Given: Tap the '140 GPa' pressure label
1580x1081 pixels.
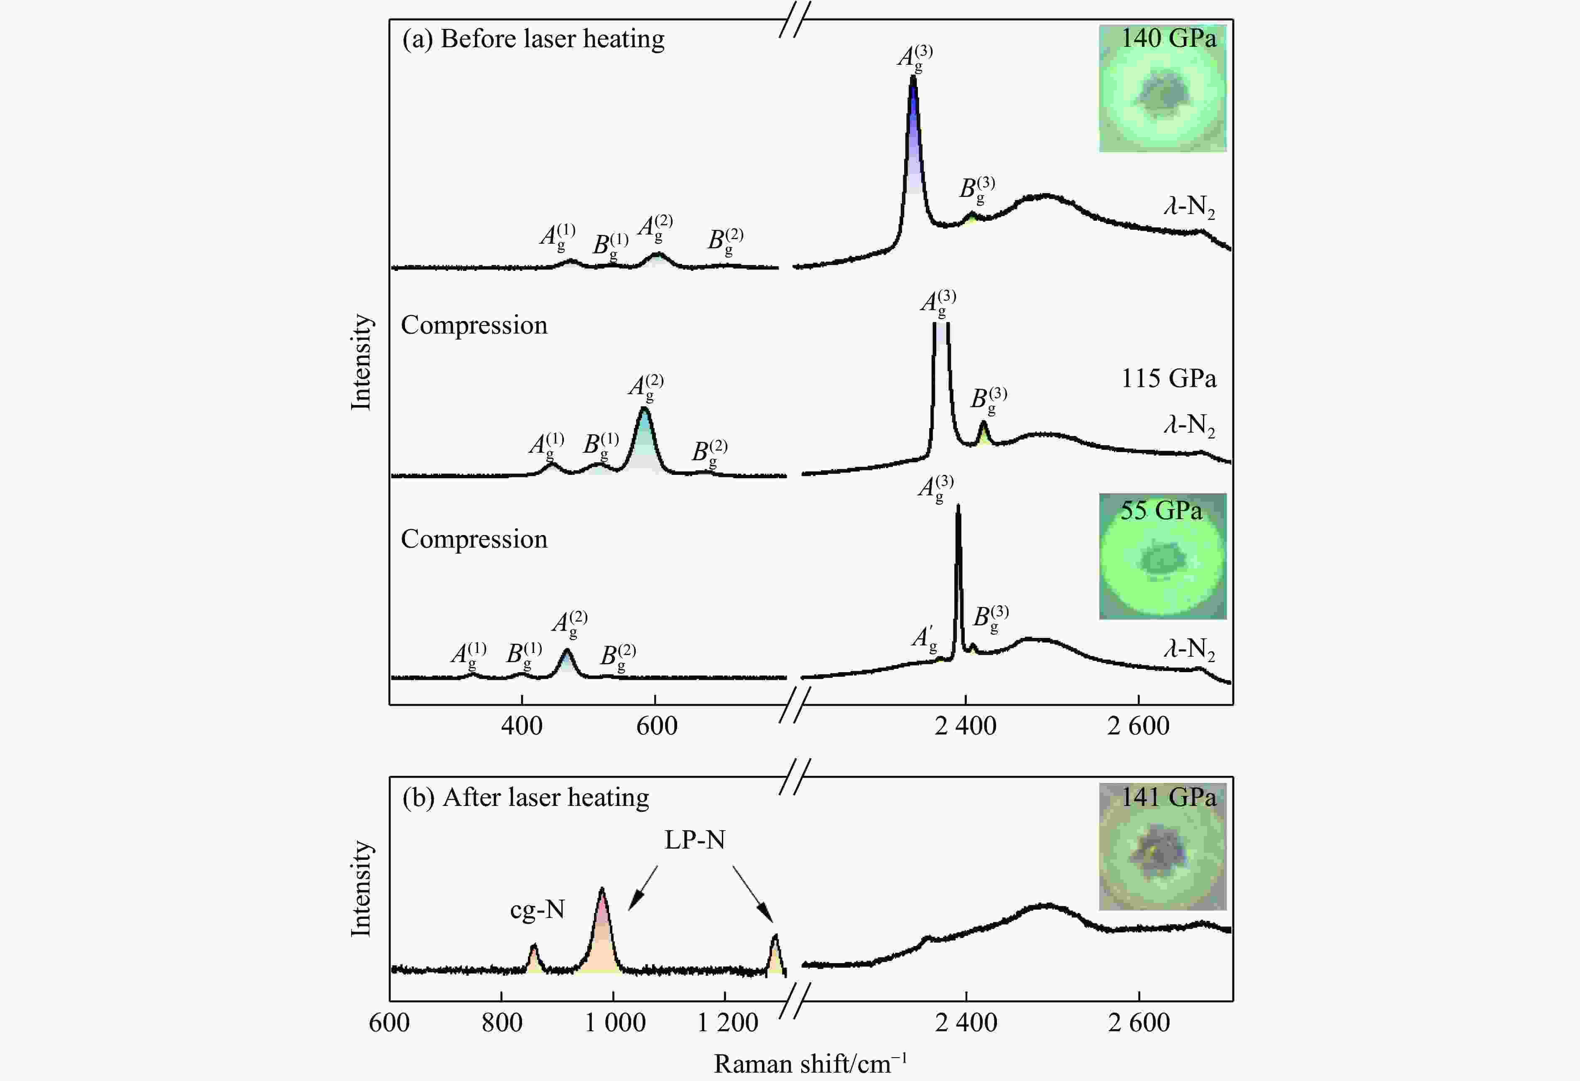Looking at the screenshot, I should tap(1168, 38).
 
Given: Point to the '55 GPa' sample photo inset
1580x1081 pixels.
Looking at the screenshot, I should tap(1162, 556).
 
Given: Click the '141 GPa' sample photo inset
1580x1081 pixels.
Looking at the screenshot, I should tap(1162, 846).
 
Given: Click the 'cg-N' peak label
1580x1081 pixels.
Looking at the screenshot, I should tap(537, 910).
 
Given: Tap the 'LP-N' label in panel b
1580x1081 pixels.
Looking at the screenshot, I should tap(694, 840).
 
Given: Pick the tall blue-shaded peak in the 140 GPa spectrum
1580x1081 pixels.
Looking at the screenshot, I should tap(913, 136).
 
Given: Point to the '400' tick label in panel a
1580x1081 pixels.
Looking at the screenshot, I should tap(522, 726).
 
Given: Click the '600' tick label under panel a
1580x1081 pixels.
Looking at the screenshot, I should tap(657, 726).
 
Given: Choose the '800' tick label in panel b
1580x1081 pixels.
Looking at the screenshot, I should tap(502, 1022).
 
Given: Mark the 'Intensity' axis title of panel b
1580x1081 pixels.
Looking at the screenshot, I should tap(361, 889).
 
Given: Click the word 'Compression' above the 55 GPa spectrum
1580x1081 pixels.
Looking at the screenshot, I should tap(474, 539).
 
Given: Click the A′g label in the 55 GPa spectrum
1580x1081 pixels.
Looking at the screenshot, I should tap(924, 638).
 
